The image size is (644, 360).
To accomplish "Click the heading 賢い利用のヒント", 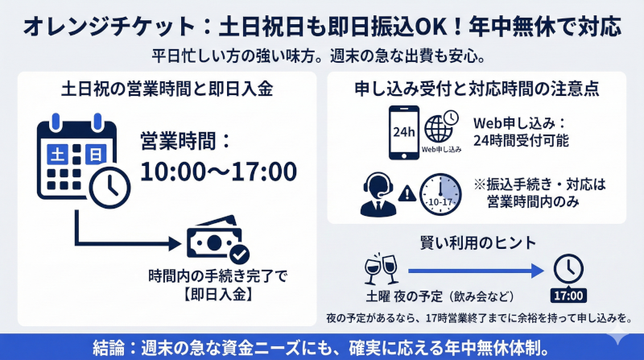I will (x=479, y=242).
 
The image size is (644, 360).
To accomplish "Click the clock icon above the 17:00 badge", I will (x=568, y=268).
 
